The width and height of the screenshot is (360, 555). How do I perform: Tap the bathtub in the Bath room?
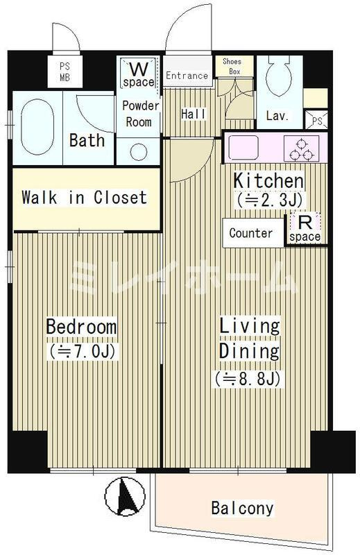(x=37, y=127)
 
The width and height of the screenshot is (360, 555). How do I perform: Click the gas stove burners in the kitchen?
(x=301, y=151)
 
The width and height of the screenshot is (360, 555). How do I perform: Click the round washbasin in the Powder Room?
(x=139, y=152)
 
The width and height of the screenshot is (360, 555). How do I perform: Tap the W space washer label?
(x=139, y=74)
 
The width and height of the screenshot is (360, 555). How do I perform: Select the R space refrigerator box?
(x=305, y=228)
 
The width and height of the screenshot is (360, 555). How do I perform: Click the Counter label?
(x=250, y=233)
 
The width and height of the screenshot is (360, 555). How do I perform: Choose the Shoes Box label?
(x=232, y=66)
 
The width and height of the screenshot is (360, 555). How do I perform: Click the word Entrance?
(x=187, y=76)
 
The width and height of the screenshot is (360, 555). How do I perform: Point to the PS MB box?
(x=65, y=71)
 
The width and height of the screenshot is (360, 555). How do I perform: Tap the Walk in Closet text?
(x=84, y=197)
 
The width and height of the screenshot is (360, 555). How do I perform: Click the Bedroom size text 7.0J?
(x=82, y=352)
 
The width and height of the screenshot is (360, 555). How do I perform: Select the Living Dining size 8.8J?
(x=248, y=378)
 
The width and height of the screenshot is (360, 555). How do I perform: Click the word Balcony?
(x=243, y=509)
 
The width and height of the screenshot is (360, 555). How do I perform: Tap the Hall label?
(x=194, y=114)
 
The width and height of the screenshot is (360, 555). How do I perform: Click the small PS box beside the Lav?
(x=316, y=120)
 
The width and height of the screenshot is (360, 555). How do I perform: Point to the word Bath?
(x=87, y=140)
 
